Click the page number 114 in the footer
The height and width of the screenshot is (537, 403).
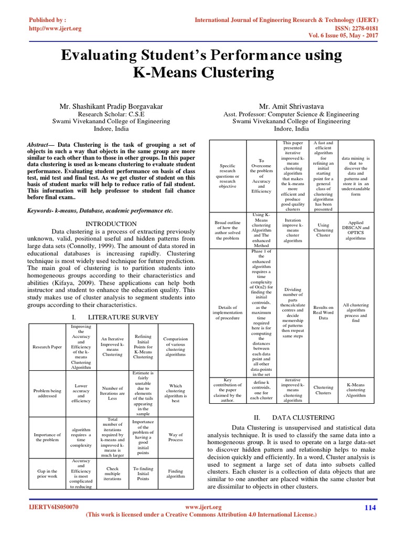pyautogui.click(x=370, y=508)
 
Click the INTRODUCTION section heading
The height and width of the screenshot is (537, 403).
pyautogui.click(x=111, y=224)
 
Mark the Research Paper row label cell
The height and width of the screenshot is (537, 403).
pyautogui.click(x=47, y=347)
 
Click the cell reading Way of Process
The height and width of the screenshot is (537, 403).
pyautogui.click(x=175, y=437)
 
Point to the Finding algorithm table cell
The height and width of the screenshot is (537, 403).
pyautogui.click(x=175, y=474)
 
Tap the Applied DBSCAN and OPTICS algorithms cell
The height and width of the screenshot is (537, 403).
pyautogui.click(x=355, y=230)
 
